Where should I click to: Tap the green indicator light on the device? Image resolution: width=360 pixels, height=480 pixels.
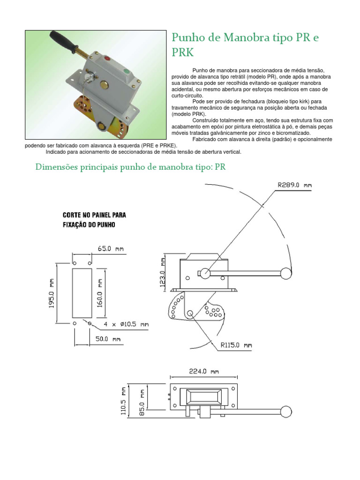126,72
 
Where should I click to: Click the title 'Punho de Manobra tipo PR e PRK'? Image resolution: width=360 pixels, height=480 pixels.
245,44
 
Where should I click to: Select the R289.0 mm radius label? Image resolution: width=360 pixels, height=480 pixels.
294,185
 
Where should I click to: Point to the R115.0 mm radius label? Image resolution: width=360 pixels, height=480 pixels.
236,345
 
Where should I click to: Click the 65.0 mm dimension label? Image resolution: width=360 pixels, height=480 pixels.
111,249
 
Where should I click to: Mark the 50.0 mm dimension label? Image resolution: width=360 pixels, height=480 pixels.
109,338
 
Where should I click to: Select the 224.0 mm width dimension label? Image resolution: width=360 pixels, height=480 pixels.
204,372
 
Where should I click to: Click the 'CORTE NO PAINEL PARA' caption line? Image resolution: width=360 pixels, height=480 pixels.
94,215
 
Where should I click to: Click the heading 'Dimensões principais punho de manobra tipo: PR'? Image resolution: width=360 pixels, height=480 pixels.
131,167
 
